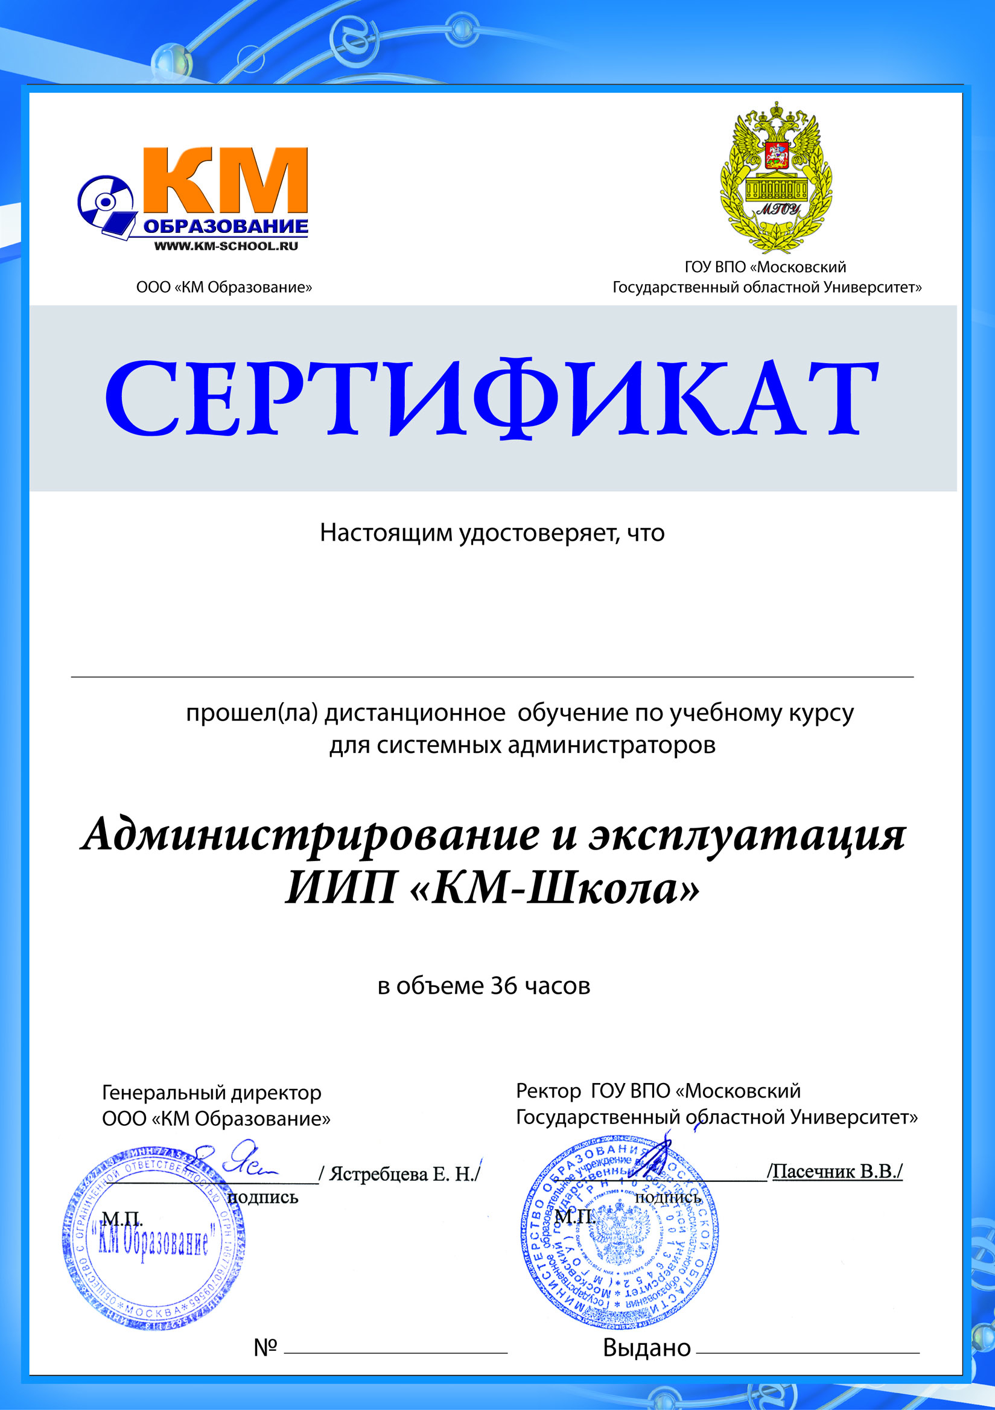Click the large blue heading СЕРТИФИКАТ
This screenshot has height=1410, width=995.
(491, 399)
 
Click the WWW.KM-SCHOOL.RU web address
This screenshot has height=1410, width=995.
(226, 246)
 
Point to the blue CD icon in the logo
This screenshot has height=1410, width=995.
(106, 204)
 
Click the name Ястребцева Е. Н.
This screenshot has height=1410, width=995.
(403, 1175)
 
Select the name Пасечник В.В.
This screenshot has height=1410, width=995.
(837, 1172)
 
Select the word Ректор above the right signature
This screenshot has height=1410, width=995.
(548, 1091)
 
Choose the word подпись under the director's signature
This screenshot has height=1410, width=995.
(263, 1198)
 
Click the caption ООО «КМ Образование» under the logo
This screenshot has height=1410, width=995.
(224, 287)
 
